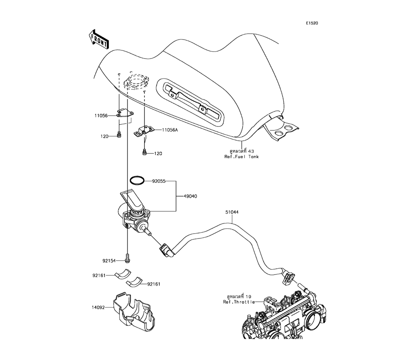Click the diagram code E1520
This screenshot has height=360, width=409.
click(x=312, y=23)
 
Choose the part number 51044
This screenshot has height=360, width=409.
click(x=232, y=212)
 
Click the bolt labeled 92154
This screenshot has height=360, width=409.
click(x=128, y=258)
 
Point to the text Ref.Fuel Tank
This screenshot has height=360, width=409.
click(x=241, y=157)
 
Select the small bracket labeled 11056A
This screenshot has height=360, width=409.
click(x=144, y=130)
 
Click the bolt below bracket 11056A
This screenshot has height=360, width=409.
click(x=144, y=153)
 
